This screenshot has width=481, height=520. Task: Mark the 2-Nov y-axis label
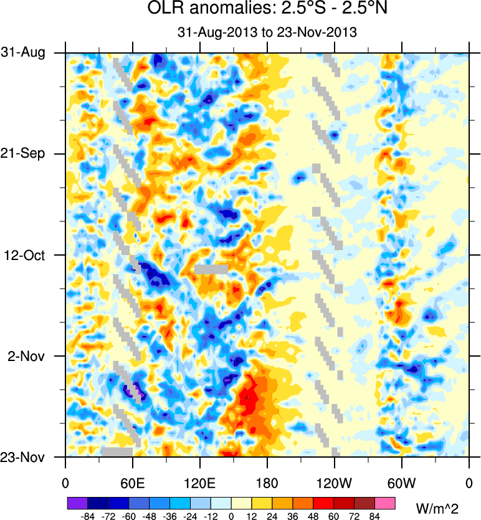tap(29, 356)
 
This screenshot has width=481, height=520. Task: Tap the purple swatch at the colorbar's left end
tap(77, 503)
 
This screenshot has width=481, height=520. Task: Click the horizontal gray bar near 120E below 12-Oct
tap(211, 269)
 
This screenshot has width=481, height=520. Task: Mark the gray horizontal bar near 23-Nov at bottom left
tap(117, 451)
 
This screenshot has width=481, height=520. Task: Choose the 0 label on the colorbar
tap(231, 516)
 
